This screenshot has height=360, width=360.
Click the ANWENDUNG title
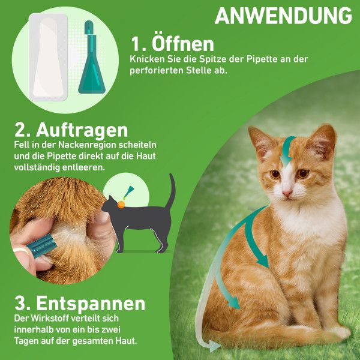pyautogui.click(x=283, y=16)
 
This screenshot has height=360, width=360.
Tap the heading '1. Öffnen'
pyautogui.click(x=173, y=44)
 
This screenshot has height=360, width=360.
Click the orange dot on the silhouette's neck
pyautogui.click(x=121, y=204)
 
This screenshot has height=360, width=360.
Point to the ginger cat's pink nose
pyautogui.click(x=287, y=193)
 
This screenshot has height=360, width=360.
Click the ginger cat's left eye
pyautogui.click(x=275, y=175)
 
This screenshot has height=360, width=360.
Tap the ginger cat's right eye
pyautogui.click(x=304, y=173)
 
